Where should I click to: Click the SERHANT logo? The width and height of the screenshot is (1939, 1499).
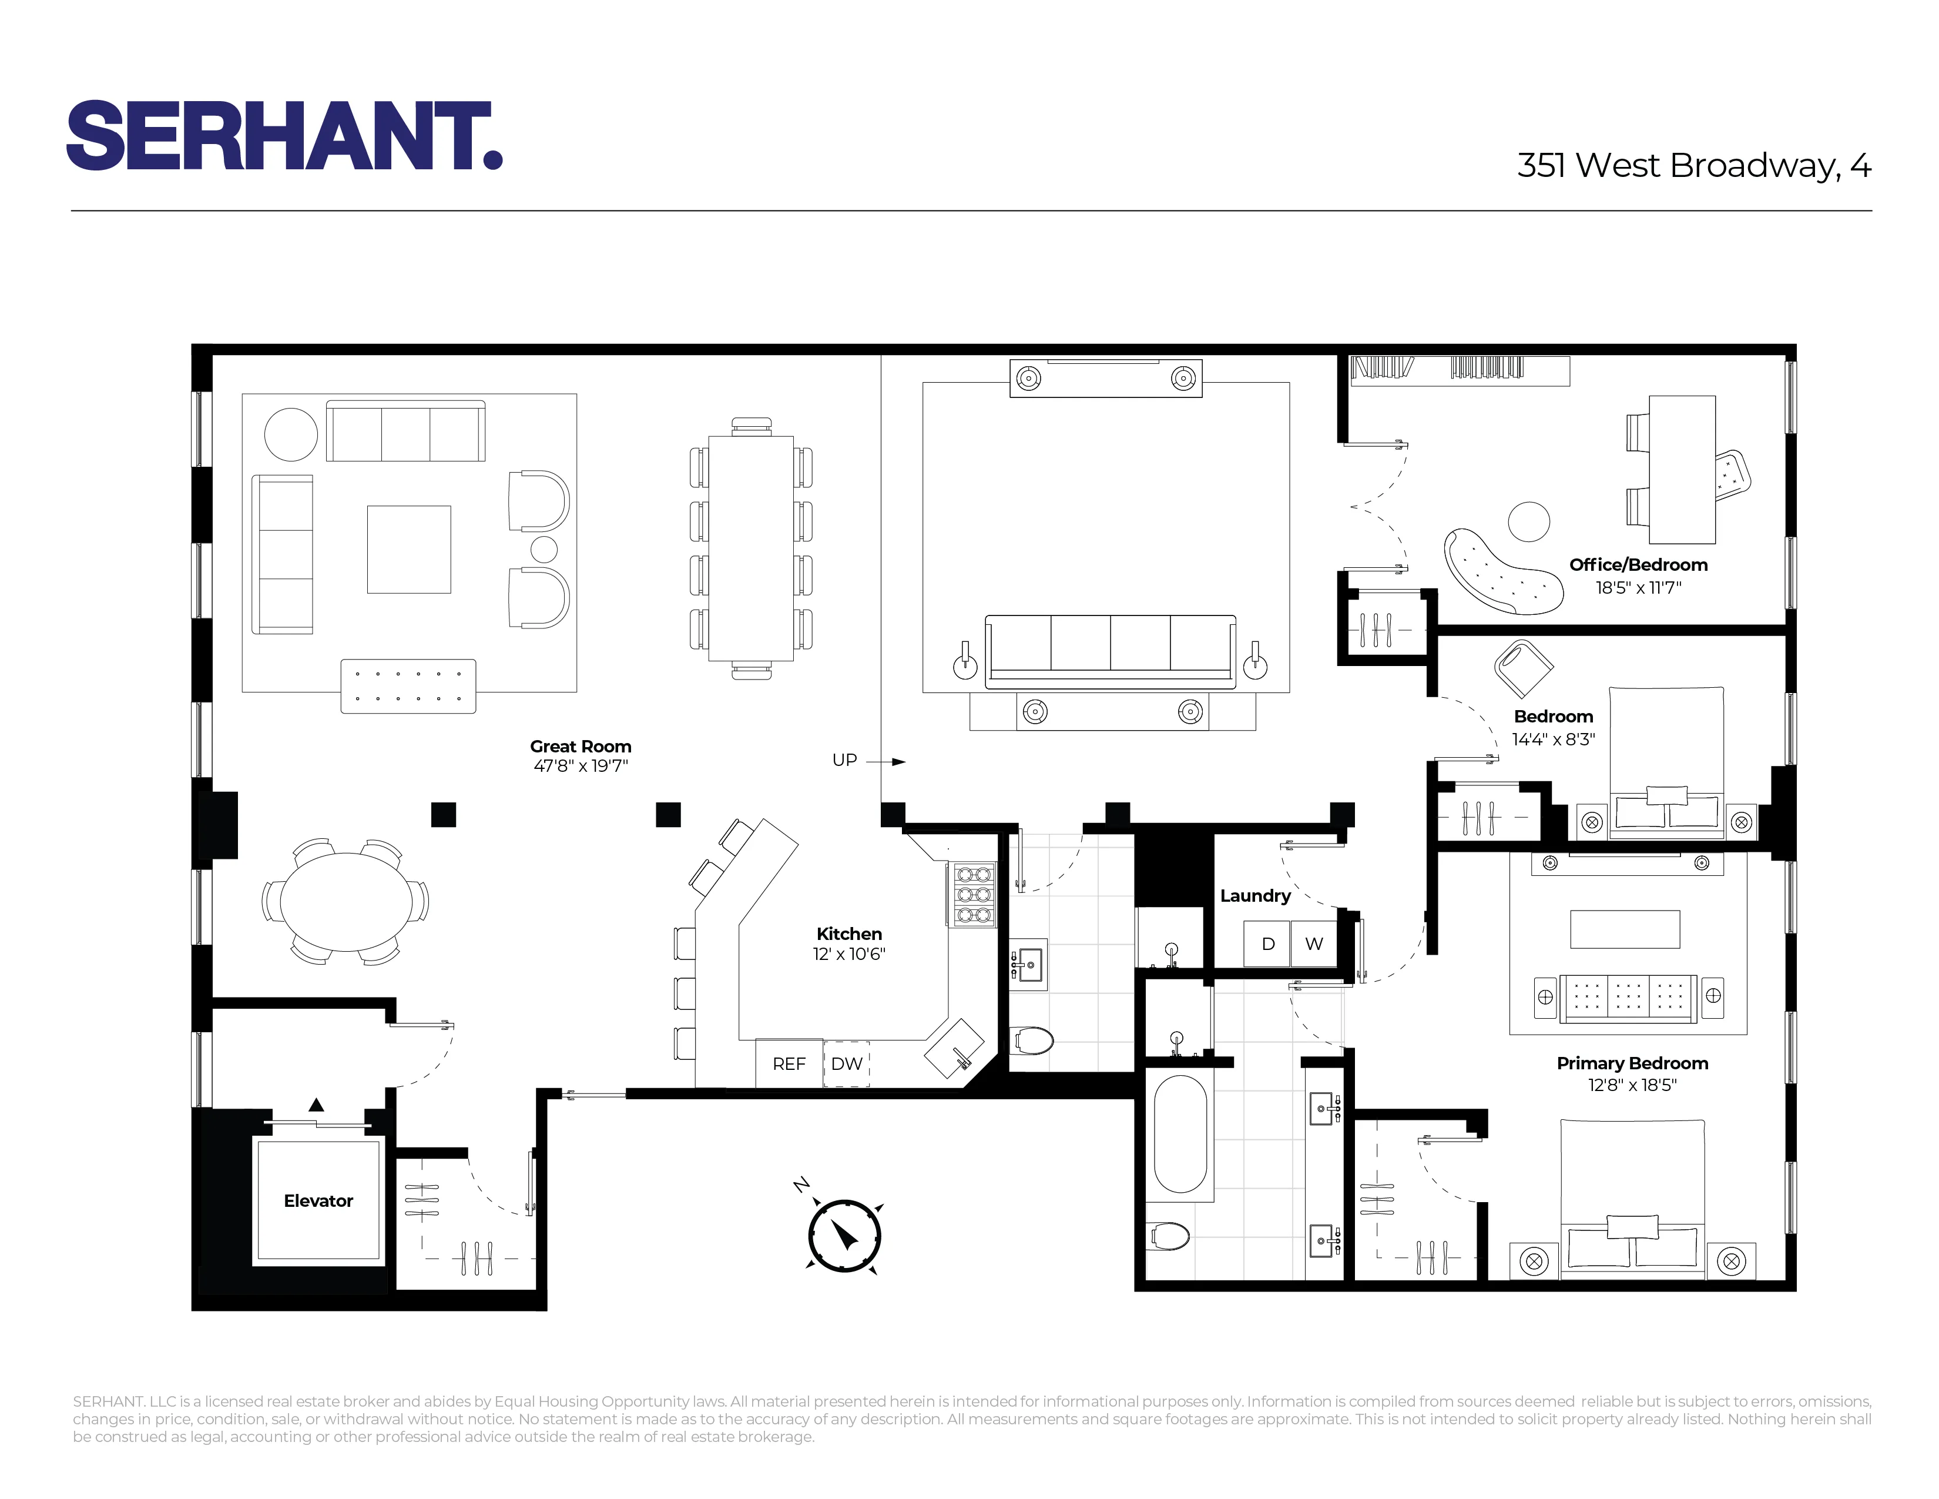click(284, 135)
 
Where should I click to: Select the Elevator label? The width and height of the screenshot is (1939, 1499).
click(318, 1200)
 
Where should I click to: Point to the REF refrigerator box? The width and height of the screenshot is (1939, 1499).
click(789, 1063)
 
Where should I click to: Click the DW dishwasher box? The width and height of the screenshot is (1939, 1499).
click(847, 1063)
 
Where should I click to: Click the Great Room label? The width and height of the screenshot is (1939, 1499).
click(581, 747)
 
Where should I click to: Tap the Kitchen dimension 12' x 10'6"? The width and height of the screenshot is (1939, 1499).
click(849, 953)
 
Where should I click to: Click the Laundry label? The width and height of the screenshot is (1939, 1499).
click(1254, 895)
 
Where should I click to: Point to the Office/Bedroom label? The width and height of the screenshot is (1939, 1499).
click(1638, 565)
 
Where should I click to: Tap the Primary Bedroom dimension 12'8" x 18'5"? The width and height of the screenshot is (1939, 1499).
click(1632, 1085)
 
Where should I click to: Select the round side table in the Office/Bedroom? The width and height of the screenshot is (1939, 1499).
click(1528, 521)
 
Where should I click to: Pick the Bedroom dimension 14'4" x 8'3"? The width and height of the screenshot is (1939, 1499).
click(1554, 739)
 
